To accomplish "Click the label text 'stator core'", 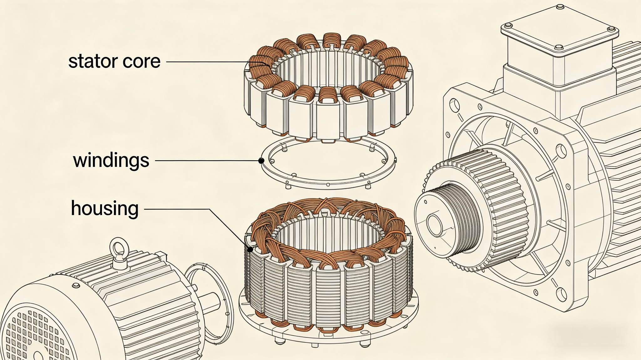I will click(x=114, y=61).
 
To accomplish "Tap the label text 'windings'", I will click(x=111, y=160).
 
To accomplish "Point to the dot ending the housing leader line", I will click(x=250, y=249).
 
